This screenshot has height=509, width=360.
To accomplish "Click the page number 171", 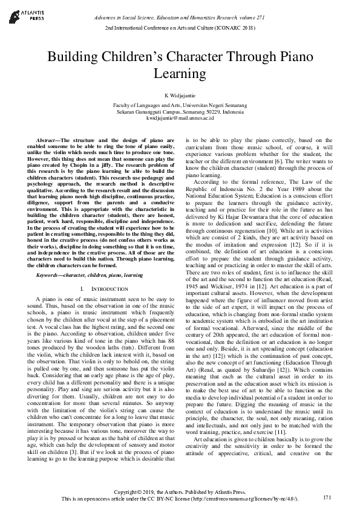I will [x=327, y=497].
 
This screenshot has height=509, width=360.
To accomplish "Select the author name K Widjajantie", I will [x=180, y=96].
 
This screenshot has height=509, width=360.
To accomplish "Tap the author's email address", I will [x=180, y=118].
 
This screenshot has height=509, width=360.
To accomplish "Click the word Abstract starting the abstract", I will [x=48, y=140].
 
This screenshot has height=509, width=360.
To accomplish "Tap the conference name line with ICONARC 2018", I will [x=180, y=28].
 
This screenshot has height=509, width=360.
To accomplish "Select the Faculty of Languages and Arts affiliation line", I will [x=180, y=105].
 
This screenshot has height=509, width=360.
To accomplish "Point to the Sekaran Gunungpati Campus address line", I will [x=180, y=112].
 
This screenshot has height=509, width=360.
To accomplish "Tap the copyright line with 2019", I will [x=180, y=491].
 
